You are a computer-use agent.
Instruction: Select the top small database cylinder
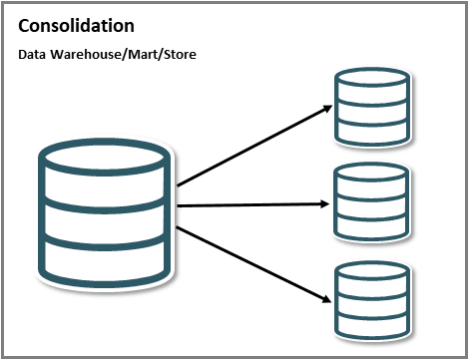click(x=370, y=105)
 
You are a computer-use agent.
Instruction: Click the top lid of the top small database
click(x=370, y=78)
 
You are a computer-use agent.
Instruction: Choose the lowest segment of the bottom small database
click(x=370, y=322)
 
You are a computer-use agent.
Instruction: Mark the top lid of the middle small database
click(x=370, y=176)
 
